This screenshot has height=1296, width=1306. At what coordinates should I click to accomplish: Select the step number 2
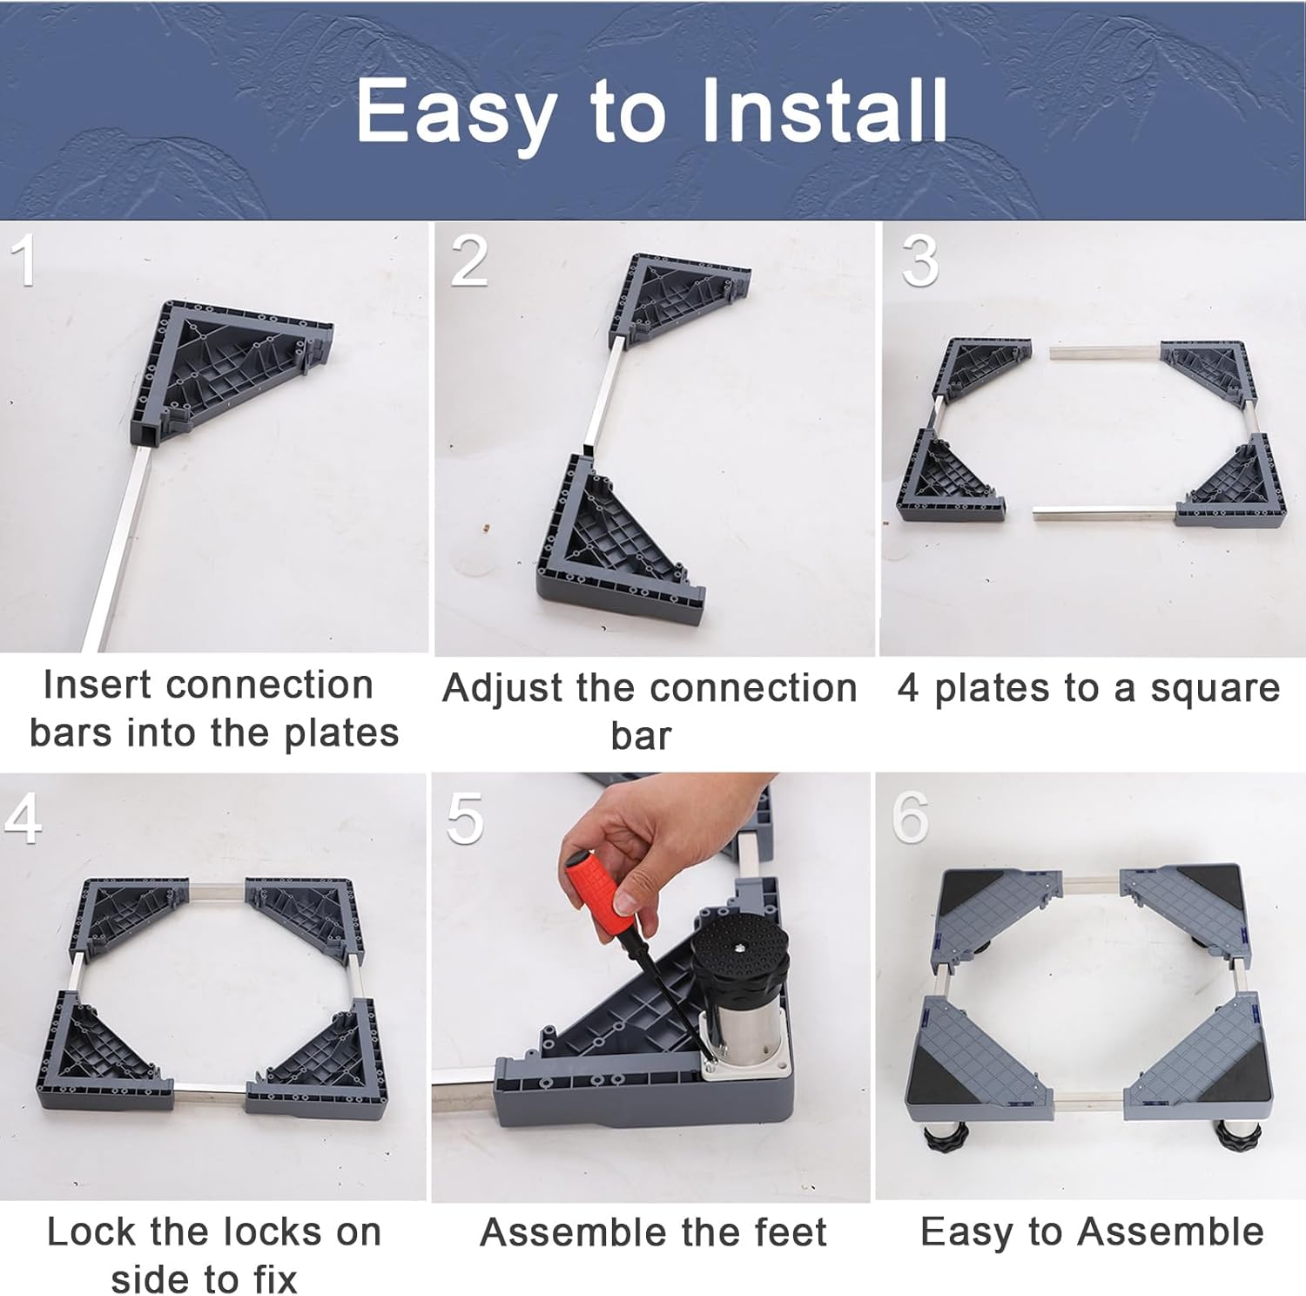point(469,260)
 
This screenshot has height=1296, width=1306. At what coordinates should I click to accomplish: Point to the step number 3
point(919,260)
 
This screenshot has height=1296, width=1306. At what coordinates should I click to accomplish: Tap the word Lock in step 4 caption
point(91,1232)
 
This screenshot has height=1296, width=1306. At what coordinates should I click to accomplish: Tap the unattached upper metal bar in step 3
point(1104,352)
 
